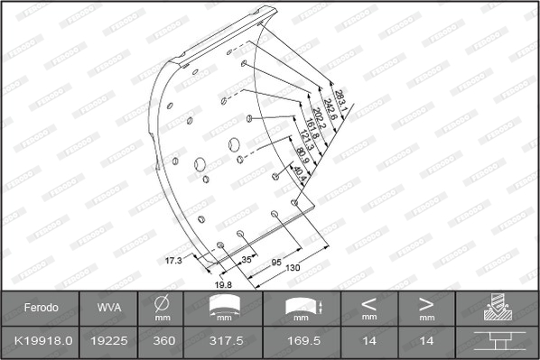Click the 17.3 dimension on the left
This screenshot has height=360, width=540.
pyautogui.click(x=173, y=260)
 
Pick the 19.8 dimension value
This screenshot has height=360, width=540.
pyautogui.click(x=223, y=283)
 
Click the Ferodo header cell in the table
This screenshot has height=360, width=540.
pyautogui.click(x=42, y=308)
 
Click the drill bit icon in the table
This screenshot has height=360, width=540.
pyautogui.click(x=497, y=308)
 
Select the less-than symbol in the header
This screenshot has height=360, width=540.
pyautogui.click(x=368, y=303)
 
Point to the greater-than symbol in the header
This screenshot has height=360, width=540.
pyautogui.click(x=426, y=303)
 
